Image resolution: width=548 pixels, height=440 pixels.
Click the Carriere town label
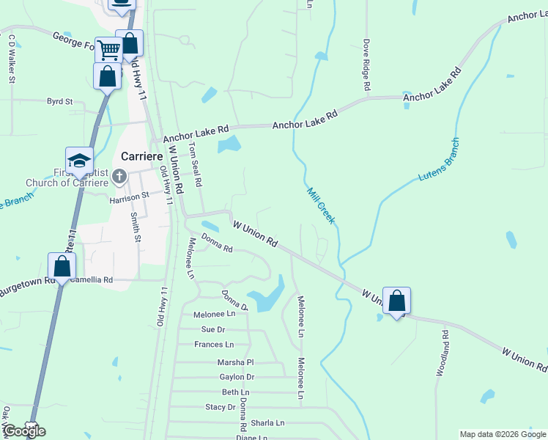click(x=142, y=157)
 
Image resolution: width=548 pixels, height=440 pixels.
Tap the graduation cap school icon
click(x=80, y=160)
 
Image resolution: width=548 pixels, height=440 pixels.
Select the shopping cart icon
click(x=108, y=50)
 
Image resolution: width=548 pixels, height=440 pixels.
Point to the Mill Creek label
click(x=320, y=205)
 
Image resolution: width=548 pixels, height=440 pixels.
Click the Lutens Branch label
click(x=439, y=160)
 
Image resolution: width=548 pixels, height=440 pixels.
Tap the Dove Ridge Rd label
click(x=366, y=65)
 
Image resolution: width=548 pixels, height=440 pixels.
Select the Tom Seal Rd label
click(x=195, y=164)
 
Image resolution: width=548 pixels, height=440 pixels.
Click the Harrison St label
click(x=130, y=197)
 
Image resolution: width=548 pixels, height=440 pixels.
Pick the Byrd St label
click(x=60, y=102)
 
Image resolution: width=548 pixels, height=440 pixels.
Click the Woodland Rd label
click(x=443, y=353)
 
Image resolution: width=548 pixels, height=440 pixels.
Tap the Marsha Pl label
click(x=235, y=362)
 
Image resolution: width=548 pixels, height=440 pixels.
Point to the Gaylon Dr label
click(x=237, y=377)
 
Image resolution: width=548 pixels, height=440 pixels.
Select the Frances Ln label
click(x=214, y=345)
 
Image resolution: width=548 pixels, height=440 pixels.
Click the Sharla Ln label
click(x=267, y=423)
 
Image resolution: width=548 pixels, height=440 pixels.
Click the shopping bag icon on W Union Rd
click(x=396, y=301)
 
